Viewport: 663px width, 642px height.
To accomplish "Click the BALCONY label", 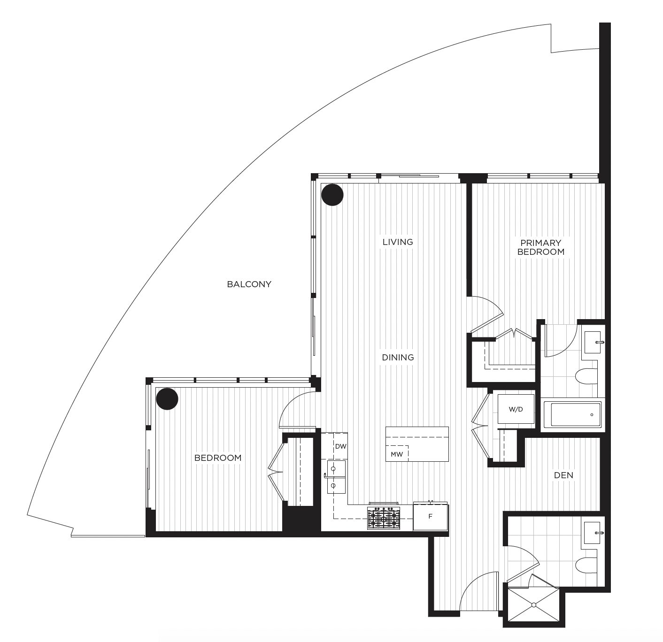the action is click(249, 284).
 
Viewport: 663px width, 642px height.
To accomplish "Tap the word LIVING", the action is click(398, 242).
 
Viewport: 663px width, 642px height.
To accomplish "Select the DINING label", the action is click(398, 357).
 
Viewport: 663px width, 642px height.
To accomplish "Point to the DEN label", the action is click(563, 475).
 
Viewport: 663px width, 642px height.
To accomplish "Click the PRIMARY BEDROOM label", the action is click(541, 247).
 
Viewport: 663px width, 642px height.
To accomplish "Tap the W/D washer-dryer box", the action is click(516, 409).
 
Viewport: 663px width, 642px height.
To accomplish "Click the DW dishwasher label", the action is click(341, 446).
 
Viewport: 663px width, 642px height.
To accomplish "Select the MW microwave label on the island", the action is click(397, 454).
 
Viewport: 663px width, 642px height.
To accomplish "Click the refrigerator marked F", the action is click(430, 516).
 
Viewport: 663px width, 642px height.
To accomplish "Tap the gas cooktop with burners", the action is click(384, 518).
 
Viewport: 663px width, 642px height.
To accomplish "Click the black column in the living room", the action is click(332, 195).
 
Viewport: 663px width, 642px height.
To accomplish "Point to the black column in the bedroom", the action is click(167, 399).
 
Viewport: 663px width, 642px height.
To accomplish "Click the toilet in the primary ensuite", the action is click(586, 376).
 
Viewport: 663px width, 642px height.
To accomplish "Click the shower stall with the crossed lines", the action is click(533, 604).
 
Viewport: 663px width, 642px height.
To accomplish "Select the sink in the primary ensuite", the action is click(593, 342).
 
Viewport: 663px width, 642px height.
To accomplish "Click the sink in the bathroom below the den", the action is click(593, 533).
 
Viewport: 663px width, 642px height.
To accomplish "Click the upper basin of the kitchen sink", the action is click(336, 469).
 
